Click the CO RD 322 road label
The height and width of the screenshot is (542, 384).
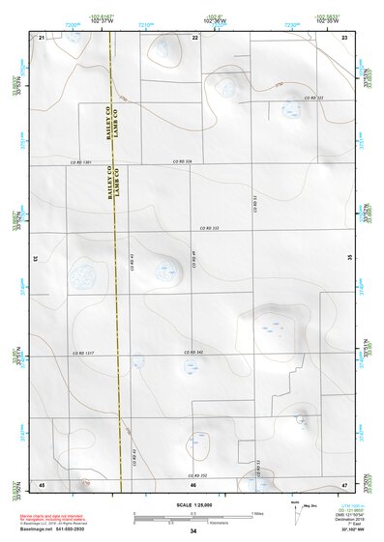click(311, 99)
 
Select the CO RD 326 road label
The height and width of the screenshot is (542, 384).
click(182, 161)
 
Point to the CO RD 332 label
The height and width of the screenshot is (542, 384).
click(209, 228)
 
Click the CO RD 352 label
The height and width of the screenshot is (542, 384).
click(196, 475)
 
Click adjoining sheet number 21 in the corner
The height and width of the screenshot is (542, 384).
click(43, 37)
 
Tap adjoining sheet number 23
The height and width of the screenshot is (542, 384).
click(345, 37)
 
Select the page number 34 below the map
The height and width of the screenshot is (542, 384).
click(193, 531)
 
